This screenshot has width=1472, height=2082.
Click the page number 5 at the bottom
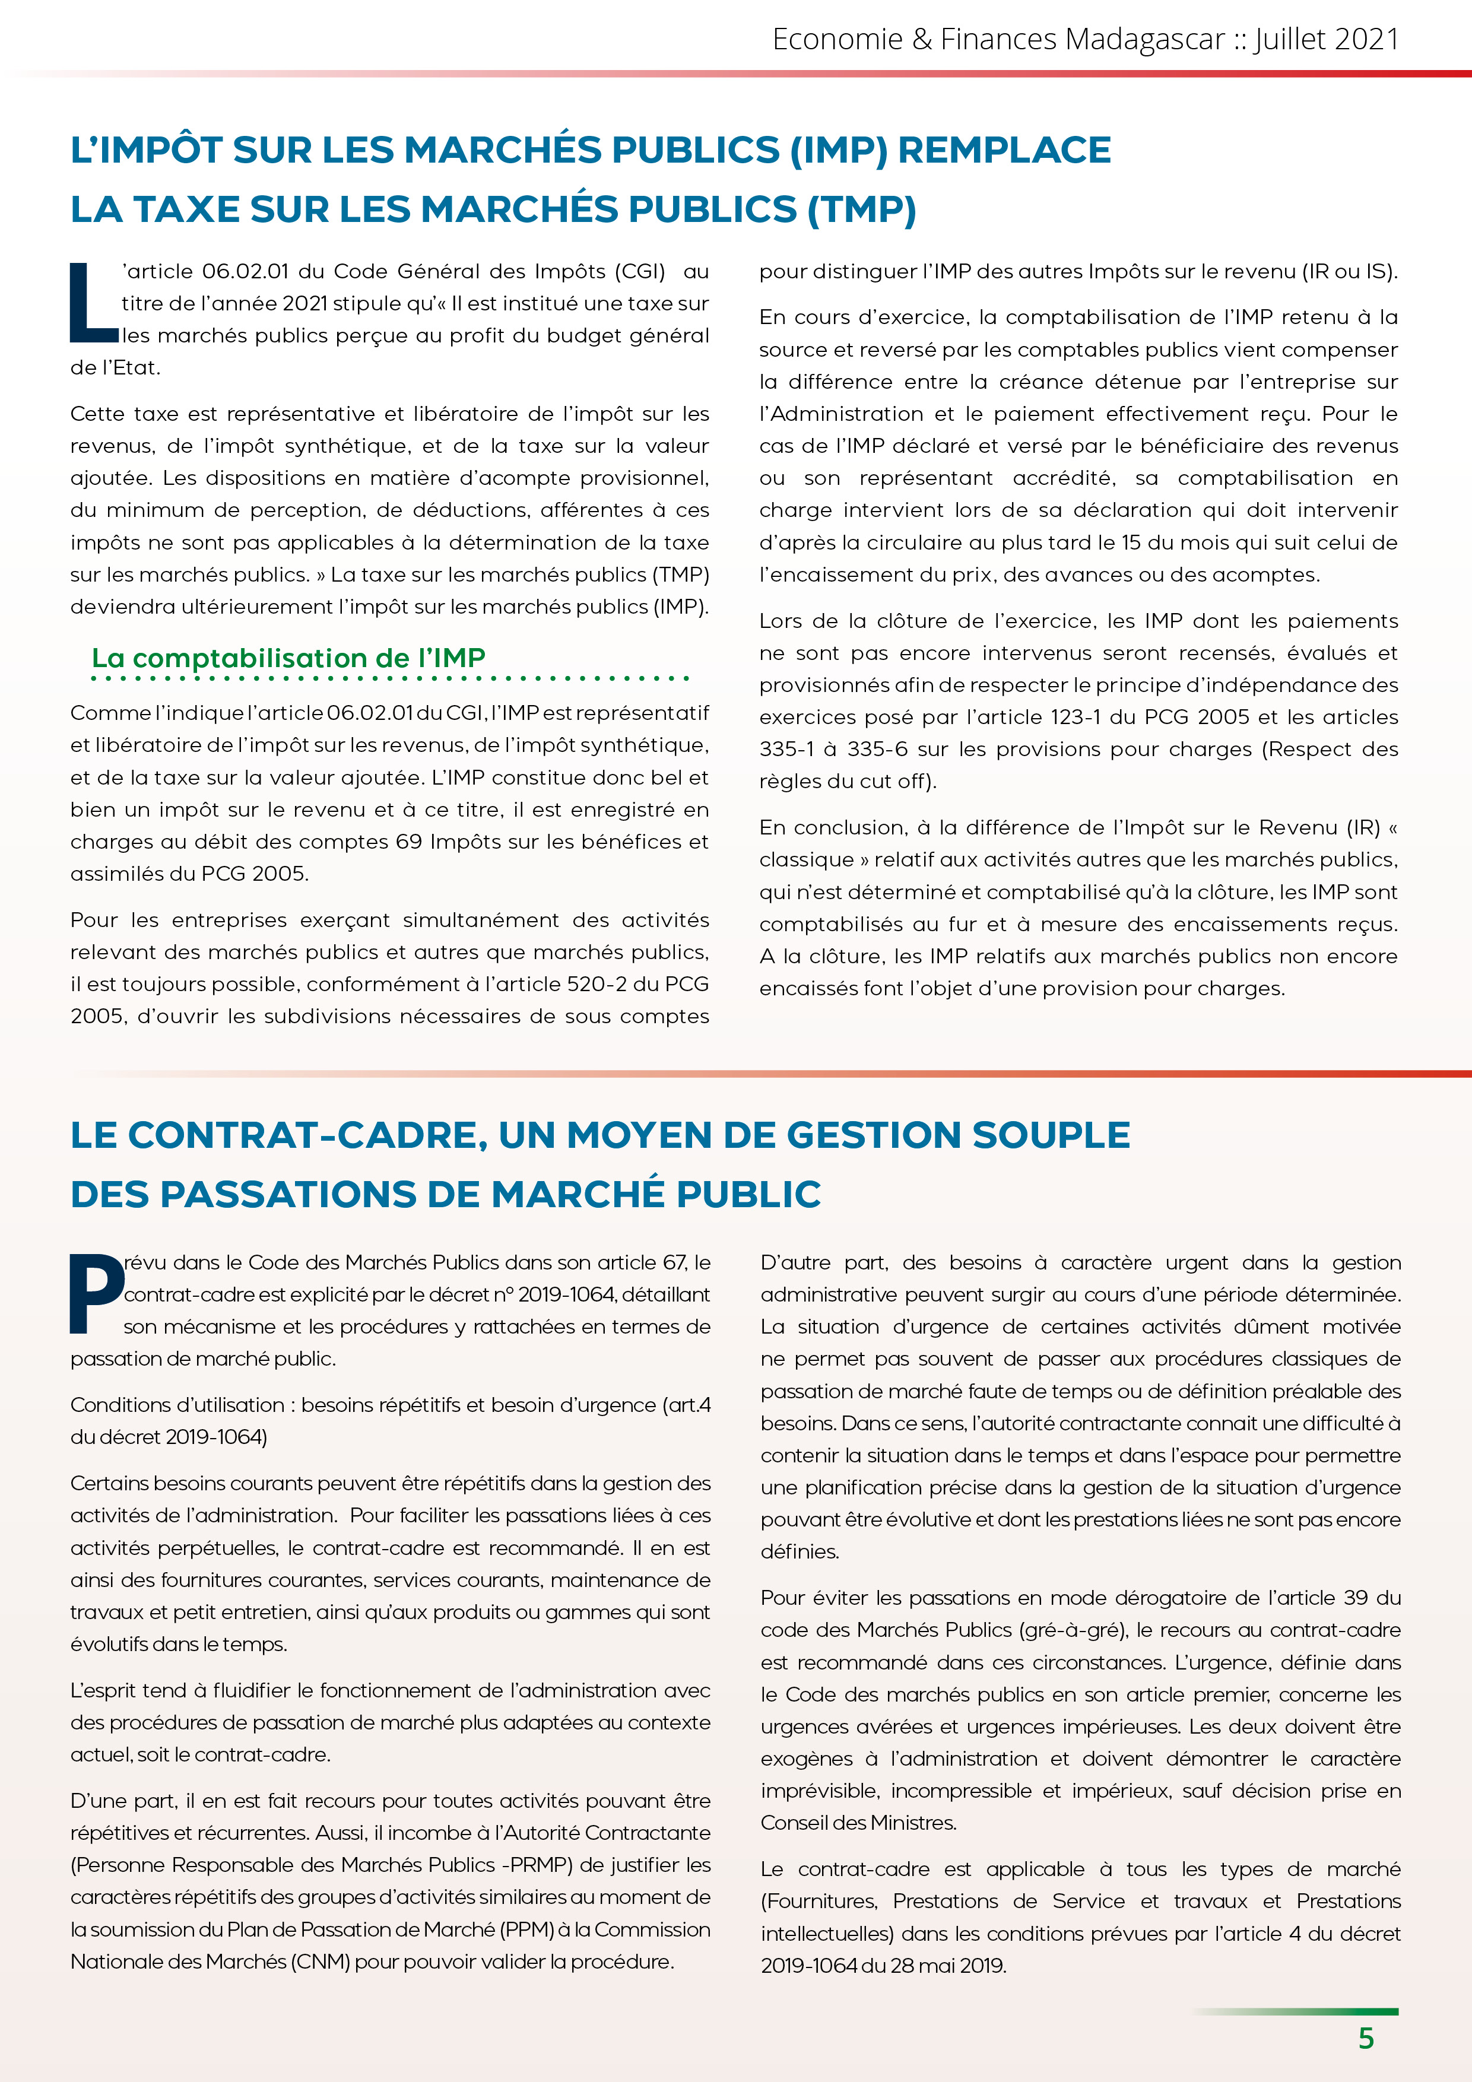tap(1366, 2039)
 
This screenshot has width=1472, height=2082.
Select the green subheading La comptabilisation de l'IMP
tap(288, 658)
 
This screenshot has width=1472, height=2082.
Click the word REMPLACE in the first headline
tap(1004, 151)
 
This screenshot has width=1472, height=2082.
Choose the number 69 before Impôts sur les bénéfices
tap(409, 842)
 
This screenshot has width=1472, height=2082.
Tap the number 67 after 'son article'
tap(674, 1262)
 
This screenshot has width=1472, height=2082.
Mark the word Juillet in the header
tap(1289, 39)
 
